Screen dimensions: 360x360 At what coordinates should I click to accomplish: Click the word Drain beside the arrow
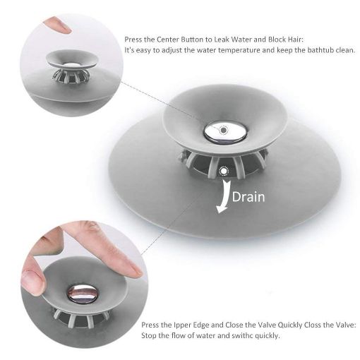click(x=248, y=196)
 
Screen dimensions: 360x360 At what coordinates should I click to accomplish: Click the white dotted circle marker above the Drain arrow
click(x=224, y=171)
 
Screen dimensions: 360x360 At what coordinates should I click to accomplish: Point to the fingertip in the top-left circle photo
click(x=56, y=26)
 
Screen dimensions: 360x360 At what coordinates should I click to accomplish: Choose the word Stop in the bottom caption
click(x=150, y=335)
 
